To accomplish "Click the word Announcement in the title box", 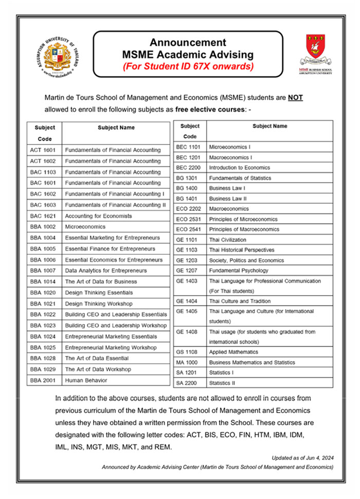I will [x=188, y=43].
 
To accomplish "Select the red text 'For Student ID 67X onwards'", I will [x=188, y=66].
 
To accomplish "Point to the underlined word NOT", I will [x=295, y=98].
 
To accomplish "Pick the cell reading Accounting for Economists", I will [x=98, y=216].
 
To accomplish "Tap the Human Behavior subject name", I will [x=86, y=381].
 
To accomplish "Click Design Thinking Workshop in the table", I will [x=98, y=304].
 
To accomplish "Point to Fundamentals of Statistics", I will [x=240, y=178].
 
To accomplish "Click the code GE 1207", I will [x=187, y=271].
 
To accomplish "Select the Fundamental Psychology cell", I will [x=238, y=271].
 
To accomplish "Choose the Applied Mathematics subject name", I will [x=233, y=352].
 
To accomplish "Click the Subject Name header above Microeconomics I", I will [x=269, y=126].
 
